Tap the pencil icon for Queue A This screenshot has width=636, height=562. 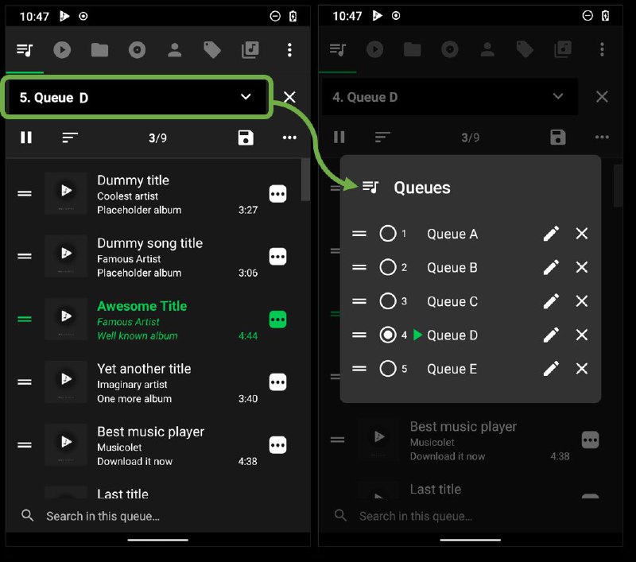pyautogui.click(x=551, y=234)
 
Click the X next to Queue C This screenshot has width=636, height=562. pyautogui.click(x=582, y=301)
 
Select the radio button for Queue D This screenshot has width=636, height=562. pyautogui.click(x=388, y=335)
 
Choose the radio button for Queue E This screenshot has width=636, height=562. pyautogui.click(x=388, y=369)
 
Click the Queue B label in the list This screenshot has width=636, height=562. pyautogui.click(x=452, y=268)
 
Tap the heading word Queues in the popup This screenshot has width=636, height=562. pyautogui.click(x=422, y=188)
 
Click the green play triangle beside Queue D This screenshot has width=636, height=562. pyautogui.click(x=418, y=335)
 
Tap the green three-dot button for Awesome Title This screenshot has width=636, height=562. pyautogui.click(x=277, y=320)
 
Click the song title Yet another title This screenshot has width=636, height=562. pyautogui.click(x=144, y=369)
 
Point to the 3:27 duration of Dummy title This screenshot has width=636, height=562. pyautogui.click(x=248, y=211)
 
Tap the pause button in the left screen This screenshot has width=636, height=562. pyautogui.click(x=26, y=138)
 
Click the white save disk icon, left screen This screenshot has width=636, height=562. pyautogui.click(x=246, y=138)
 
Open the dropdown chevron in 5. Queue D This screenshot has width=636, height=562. pyautogui.click(x=246, y=97)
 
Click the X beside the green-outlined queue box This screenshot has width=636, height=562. pyautogui.click(x=290, y=97)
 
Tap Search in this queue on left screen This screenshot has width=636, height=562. pyautogui.click(x=103, y=516)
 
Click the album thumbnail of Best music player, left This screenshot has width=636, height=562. pyautogui.click(x=65, y=445)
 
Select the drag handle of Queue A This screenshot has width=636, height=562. pyautogui.click(x=359, y=234)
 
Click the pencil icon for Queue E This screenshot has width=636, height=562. pyautogui.click(x=551, y=369)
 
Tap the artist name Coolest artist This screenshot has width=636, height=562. pyautogui.click(x=127, y=196)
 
